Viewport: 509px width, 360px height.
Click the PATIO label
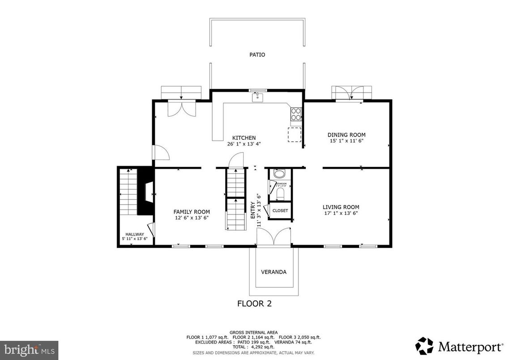[257, 55]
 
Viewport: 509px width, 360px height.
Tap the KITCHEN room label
[244, 138]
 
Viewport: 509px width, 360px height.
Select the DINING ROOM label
[346, 135]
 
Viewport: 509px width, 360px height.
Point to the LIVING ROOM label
[341, 207]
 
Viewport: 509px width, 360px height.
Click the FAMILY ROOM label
[192, 212]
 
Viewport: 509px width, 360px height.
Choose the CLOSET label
[280, 210]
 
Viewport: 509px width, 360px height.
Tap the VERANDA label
[274, 272]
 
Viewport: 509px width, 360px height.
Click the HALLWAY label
[134, 234]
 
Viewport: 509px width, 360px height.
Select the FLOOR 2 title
[254, 304]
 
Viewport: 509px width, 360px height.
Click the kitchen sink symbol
[257, 97]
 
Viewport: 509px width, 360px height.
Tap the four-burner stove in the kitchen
[296, 115]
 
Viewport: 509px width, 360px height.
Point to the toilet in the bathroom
[280, 193]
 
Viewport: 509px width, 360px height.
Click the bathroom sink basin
[279, 174]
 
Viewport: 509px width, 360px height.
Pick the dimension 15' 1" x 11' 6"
[346, 141]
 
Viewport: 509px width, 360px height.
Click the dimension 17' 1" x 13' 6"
[341, 213]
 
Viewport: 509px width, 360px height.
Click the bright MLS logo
[29, 348]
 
